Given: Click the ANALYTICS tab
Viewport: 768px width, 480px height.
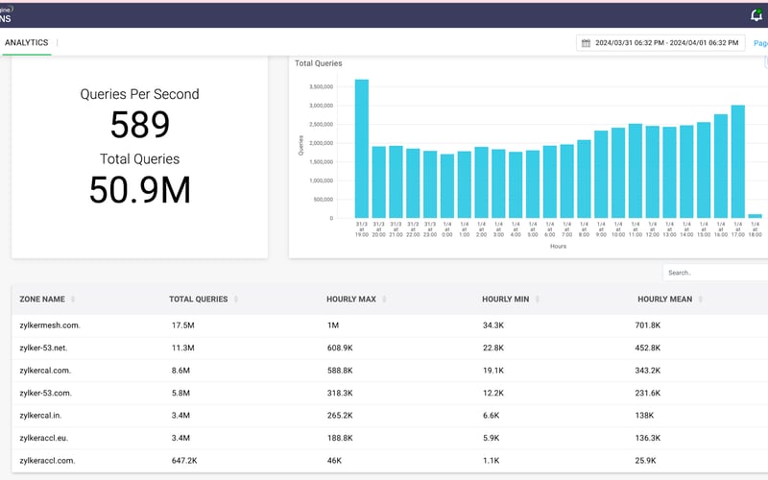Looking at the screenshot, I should pyautogui.click(x=27, y=43).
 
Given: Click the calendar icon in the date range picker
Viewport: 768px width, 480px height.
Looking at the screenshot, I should pyautogui.click(x=586, y=43).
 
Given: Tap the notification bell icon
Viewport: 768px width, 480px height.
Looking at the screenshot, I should pyautogui.click(x=756, y=15).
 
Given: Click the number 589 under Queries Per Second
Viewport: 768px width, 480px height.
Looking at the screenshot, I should pyautogui.click(x=139, y=126).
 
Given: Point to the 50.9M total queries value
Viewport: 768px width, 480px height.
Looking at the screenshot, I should pyautogui.click(x=139, y=189).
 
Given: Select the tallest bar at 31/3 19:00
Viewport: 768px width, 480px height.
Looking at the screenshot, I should pyautogui.click(x=362, y=149).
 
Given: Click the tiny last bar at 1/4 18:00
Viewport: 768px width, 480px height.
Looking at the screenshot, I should pyautogui.click(x=755, y=216).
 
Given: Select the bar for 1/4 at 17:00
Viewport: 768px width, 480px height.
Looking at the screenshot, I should pyautogui.click(x=738, y=161).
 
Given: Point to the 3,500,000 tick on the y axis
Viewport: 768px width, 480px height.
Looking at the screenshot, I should pyautogui.click(x=320, y=86).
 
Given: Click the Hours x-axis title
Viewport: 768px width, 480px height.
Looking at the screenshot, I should pyautogui.click(x=558, y=247).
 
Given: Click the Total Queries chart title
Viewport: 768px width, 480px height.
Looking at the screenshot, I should pyautogui.click(x=318, y=63).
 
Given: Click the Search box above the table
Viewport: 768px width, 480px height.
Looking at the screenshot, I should pyautogui.click(x=710, y=273).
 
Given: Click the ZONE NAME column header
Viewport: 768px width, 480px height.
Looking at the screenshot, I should pyautogui.click(x=42, y=300).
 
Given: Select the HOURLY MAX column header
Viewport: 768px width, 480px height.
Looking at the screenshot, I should pyautogui.click(x=351, y=300).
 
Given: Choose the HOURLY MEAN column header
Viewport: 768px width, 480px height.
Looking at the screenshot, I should pyautogui.click(x=664, y=300).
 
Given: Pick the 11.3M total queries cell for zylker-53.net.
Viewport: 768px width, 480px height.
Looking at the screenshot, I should pyautogui.click(x=182, y=348).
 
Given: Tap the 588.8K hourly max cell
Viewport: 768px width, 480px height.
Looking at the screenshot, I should pyautogui.click(x=340, y=371).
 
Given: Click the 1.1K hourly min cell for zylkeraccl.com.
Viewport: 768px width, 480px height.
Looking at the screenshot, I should pyautogui.click(x=492, y=461).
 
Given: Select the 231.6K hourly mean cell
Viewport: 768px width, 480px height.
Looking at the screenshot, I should pyautogui.click(x=649, y=393).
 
